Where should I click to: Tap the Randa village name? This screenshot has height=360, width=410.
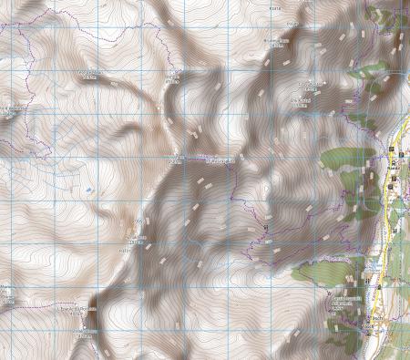(394, 168)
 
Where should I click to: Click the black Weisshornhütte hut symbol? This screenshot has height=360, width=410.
(266, 225)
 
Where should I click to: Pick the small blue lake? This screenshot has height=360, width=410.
(88, 189)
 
